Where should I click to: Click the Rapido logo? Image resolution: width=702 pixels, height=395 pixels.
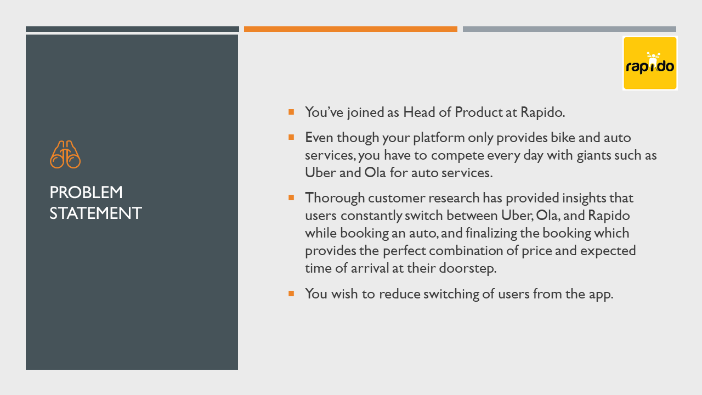pyautogui.click(x=650, y=63)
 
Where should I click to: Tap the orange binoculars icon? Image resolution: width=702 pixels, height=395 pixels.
pyautogui.click(x=65, y=154)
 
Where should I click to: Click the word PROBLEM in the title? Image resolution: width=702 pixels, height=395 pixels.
pyautogui.click(x=86, y=192)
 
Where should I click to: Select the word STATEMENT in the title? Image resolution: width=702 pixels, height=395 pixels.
pyautogui.click(x=95, y=213)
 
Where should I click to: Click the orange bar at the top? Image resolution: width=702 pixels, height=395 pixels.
pyautogui.click(x=350, y=29)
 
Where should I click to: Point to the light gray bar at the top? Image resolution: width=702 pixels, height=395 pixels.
pyautogui.click(x=569, y=29)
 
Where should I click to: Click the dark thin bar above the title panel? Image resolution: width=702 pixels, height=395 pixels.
pyautogui.click(x=132, y=29)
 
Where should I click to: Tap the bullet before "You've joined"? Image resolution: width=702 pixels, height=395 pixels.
pyautogui.click(x=291, y=112)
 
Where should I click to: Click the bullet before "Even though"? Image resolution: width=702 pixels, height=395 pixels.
pyautogui.click(x=291, y=137)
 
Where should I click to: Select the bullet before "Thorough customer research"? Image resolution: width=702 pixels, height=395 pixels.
pyautogui.click(x=291, y=198)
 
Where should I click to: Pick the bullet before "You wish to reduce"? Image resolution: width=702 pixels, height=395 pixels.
pyautogui.click(x=291, y=294)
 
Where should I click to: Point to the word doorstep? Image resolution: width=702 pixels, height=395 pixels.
pyautogui.click(x=468, y=268)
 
